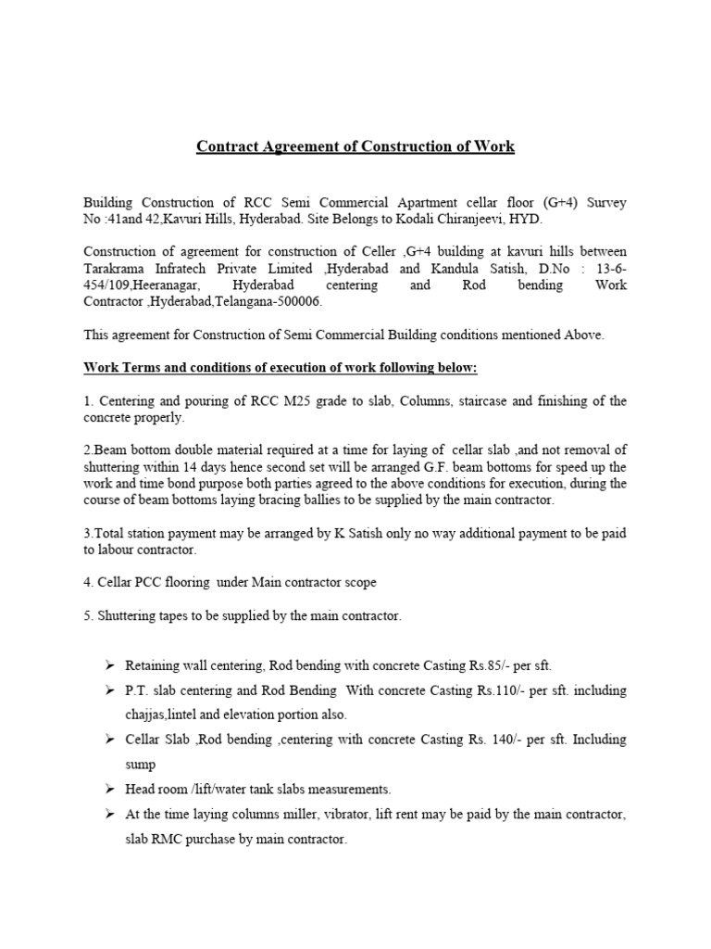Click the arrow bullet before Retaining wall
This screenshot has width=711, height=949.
point(107,666)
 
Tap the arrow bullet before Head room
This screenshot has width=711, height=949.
point(107,790)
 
